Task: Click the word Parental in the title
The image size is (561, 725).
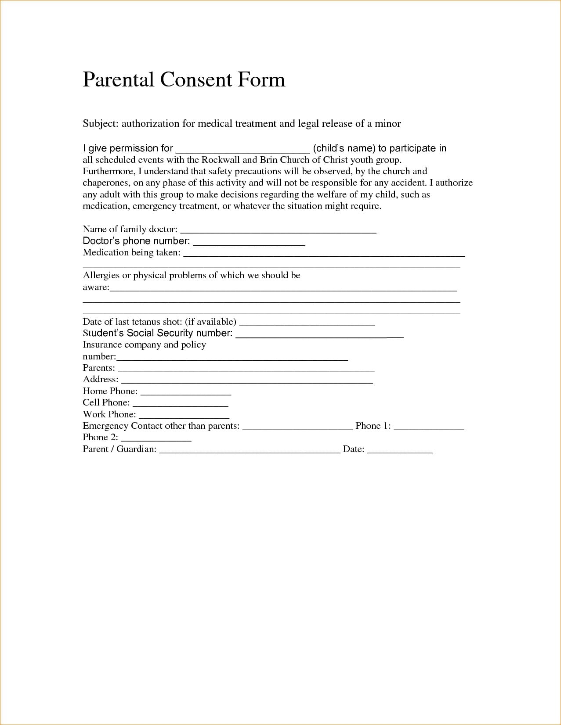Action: click(118, 80)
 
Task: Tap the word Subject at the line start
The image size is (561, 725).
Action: click(99, 124)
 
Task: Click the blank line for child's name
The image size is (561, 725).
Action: click(242, 149)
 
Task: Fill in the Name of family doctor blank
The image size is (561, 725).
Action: click(279, 230)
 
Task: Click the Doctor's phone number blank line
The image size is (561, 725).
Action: click(249, 242)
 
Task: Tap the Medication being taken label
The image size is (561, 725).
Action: click(131, 252)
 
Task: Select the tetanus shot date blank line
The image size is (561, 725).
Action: click(307, 323)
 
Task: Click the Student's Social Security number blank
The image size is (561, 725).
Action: click(319, 335)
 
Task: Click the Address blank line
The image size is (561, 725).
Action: click(247, 381)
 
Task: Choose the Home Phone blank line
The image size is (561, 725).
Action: click(185, 393)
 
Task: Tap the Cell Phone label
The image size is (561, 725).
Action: click(106, 402)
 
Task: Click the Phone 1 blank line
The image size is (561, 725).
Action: click(429, 427)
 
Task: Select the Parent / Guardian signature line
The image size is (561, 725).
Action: click(250, 450)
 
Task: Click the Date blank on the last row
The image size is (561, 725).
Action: click(400, 450)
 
